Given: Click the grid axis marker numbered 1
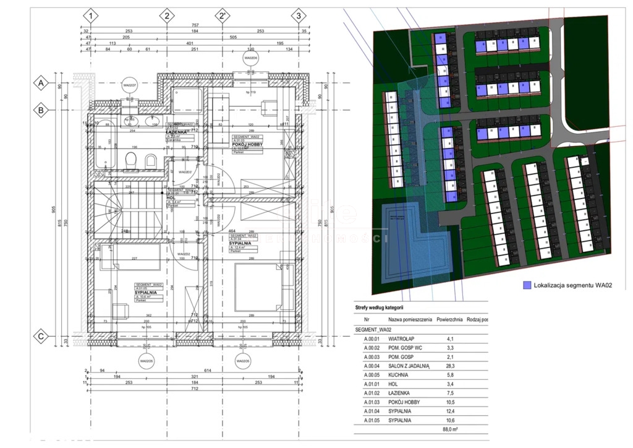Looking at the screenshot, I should click(91, 15).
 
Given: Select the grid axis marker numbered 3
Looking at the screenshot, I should click(299, 15).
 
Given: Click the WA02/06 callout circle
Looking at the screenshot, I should click(250, 59).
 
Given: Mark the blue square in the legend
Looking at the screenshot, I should click(527, 285).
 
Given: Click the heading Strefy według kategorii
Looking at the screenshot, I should click(379, 307).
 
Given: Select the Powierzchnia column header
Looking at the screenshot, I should click(449, 320).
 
